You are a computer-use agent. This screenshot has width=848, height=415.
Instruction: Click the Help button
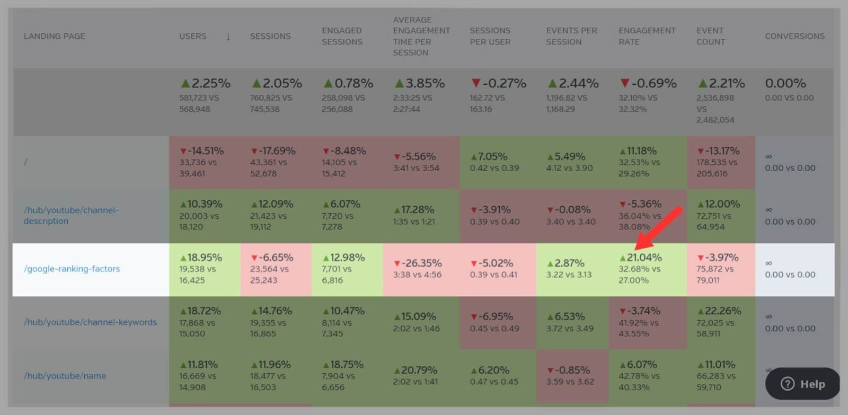(802, 384)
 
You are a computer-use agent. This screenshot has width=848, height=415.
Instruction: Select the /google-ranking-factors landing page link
(72, 269)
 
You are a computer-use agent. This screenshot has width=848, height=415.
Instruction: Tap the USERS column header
(192, 36)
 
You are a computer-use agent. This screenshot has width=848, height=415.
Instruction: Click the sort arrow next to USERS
(228, 37)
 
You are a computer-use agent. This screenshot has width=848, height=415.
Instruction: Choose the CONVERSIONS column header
(794, 36)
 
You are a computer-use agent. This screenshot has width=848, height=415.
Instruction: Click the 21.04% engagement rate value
(643, 258)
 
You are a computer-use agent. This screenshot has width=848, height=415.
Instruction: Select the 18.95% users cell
(204, 258)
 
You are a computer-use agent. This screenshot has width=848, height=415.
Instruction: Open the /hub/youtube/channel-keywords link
(90, 322)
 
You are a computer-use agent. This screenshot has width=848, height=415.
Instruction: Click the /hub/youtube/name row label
(65, 376)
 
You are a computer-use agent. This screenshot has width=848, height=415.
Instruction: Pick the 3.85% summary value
(420, 84)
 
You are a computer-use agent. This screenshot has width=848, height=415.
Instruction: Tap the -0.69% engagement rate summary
(648, 84)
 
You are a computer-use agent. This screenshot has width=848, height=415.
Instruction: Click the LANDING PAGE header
(54, 36)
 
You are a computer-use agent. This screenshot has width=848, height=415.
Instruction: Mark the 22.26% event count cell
(719, 311)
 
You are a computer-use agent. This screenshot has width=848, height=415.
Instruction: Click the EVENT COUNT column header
(710, 36)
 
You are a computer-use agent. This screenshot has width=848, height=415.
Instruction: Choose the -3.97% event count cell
(718, 258)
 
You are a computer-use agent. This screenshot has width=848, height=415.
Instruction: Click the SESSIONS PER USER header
(490, 36)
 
